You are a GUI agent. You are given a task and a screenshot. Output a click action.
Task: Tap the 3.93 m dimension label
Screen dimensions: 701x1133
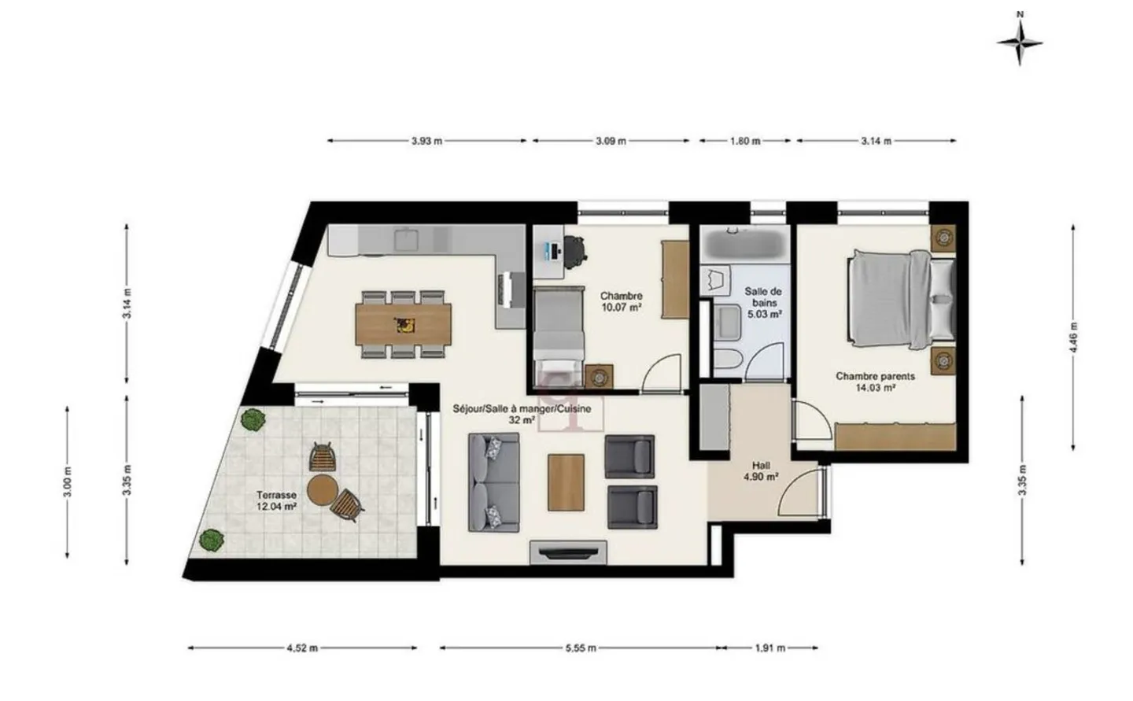(426, 142)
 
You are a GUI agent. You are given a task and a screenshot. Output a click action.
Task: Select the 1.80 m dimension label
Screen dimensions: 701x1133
(745, 142)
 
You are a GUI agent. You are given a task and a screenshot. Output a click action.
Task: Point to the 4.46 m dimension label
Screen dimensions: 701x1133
(1074, 338)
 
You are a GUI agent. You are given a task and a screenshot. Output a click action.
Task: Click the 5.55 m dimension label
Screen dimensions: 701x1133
(581, 648)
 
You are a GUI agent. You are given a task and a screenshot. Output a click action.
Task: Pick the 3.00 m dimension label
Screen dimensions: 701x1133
(68, 482)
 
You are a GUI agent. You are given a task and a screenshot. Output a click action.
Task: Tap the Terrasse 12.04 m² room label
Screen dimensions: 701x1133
(276, 501)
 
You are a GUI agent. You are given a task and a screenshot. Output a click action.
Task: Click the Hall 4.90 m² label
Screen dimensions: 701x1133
(761, 470)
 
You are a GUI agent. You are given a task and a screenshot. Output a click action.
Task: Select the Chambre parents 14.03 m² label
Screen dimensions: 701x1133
(875, 382)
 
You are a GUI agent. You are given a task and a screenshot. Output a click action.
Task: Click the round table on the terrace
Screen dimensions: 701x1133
(321, 490)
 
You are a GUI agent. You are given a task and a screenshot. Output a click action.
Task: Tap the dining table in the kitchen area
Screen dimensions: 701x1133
(404, 324)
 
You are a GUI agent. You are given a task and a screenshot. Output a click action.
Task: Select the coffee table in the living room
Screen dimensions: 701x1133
(566, 483)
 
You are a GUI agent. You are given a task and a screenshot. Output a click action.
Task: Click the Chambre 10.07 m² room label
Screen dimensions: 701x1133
(622, 302)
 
